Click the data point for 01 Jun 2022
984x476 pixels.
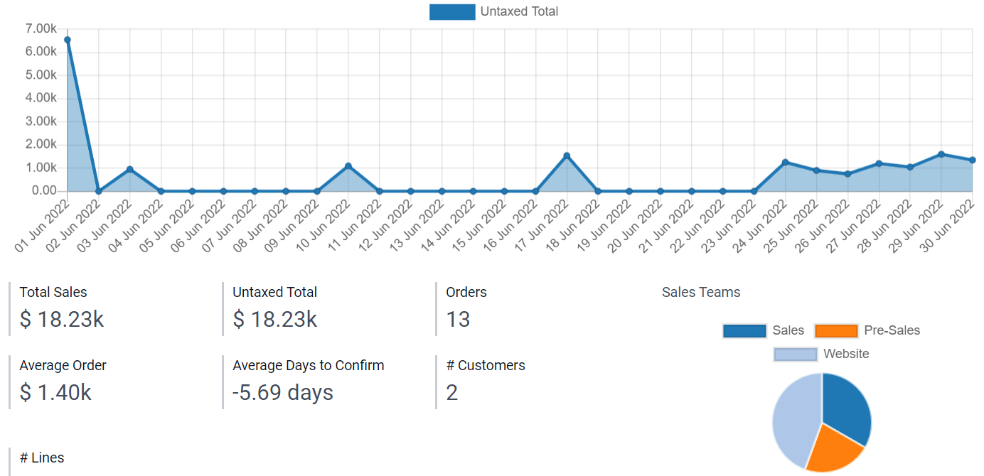point(68,40)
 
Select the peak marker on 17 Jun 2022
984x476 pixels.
point(567,156)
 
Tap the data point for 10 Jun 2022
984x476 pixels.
point(348,166)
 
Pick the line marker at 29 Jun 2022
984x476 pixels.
point(941,154)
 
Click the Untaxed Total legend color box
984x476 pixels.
point(452,12)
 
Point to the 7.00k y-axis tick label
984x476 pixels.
point(41,29)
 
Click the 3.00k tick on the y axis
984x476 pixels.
point(41,121)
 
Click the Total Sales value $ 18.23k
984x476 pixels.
point(62,320)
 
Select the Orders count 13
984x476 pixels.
point(458,320)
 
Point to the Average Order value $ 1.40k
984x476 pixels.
point(55,392)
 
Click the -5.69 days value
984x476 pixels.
point(283,392)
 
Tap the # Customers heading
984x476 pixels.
point(486,365)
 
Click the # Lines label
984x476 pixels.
point(42,458)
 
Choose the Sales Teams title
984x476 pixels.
point(701,292)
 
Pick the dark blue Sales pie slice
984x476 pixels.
point(848,405)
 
